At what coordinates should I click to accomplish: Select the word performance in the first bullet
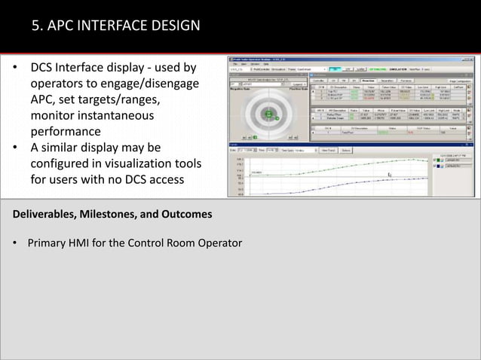point(67,131)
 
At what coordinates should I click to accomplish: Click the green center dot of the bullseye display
point(268,114)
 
